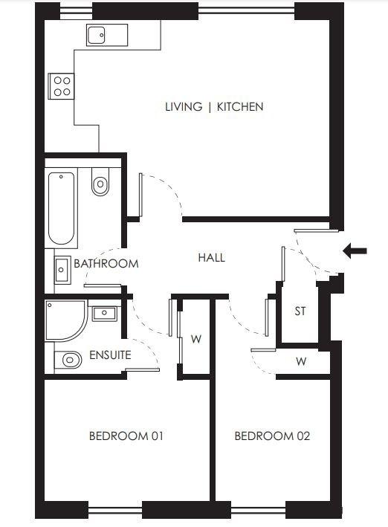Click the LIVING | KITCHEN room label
(x=214, y=107)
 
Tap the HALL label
(x=212, y=258)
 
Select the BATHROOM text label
(x=106, y=263)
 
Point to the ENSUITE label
(x=110, y=355)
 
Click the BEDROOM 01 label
(x=126, y=436)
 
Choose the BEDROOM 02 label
(x=272, y=436)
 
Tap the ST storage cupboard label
(x=300, y=311)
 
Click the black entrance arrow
(x=355, y=250)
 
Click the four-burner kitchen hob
(x=61, y=86)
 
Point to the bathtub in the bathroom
(x=61, y=208)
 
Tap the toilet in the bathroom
(x=100, y=181)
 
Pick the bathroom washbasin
(x=63, y=270)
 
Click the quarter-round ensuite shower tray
(x=66, y=320)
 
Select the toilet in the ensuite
(x=68, y=360)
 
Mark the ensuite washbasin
(x=105, y=314)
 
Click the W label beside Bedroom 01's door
(x=196, y=339)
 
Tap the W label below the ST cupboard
(x=301, y=362)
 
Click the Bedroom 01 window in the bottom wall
(x=115, y=511)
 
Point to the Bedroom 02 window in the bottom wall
(x=258, y=511)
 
